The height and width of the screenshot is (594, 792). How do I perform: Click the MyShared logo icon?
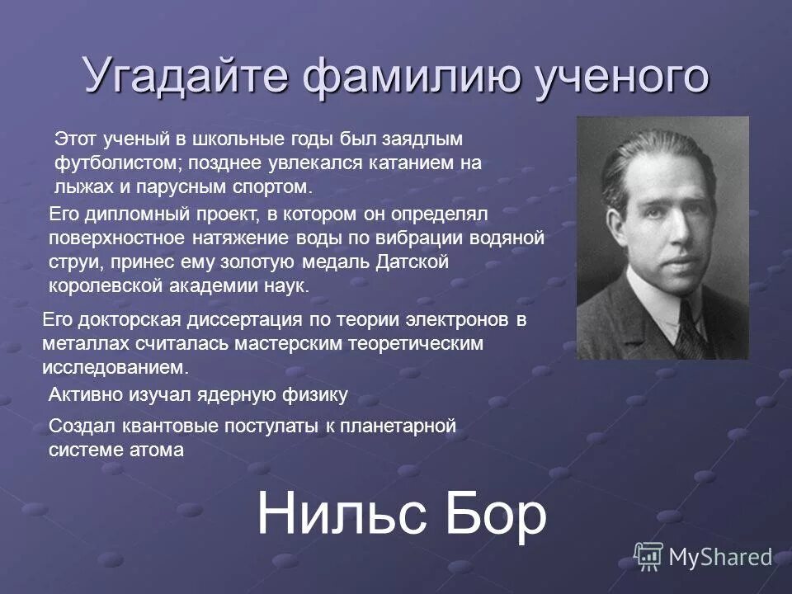pyautogui.click(x=648, y=556)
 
